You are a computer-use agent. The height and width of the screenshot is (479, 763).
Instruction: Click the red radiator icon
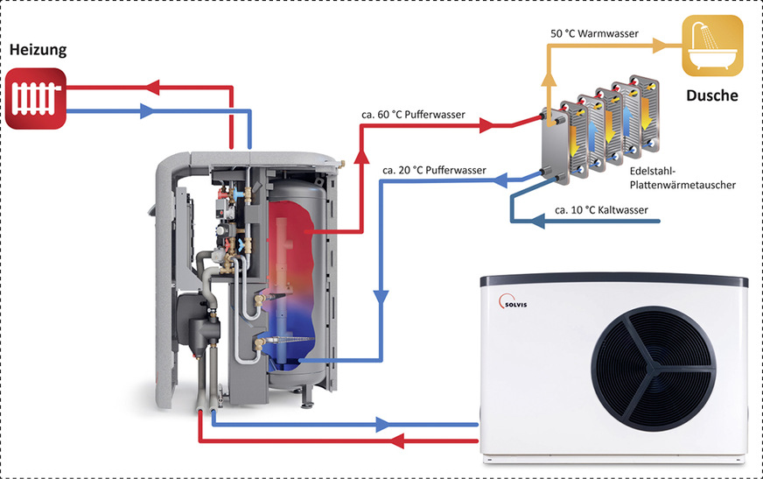pos(36,99)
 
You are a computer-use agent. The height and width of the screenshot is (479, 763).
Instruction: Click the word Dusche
pos(710,95)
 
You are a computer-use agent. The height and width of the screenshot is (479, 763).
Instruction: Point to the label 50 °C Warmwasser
pos(594,33)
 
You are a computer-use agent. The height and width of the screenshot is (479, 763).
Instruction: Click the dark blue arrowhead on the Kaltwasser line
pos(539,222)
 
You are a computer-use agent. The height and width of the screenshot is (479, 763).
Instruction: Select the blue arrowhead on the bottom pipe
pos(381,425)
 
